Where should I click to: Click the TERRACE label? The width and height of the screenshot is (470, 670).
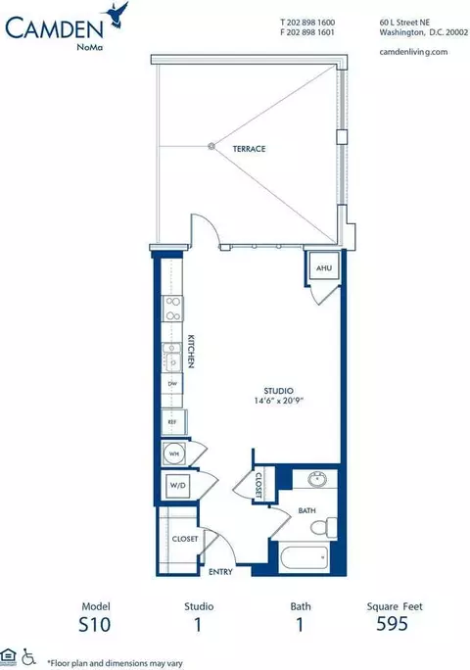tap(250, 149)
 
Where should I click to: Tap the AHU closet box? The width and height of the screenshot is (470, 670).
tap(322, 267)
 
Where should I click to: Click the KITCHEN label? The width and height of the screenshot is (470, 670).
tap(192, 349)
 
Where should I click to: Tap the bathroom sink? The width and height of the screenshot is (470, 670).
tap(315, 481)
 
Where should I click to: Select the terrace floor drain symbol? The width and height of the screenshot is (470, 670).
tap(211, 147)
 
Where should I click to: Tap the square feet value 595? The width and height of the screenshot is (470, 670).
tap(402, 626)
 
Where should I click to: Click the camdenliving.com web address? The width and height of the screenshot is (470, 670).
tap(413, 51)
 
